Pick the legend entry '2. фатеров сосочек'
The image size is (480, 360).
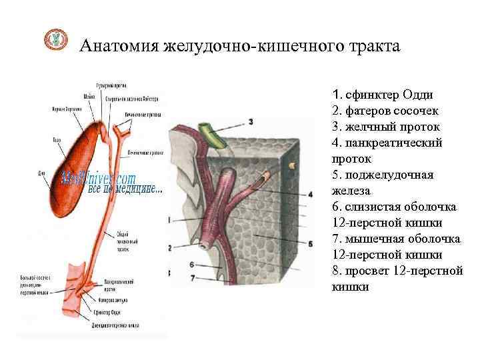pyautogui.click(x=384, y=111)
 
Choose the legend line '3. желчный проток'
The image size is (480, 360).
pyautogui.click(x=385, y=127)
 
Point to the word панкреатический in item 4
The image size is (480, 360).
pyautogui.click(x=393, y=143)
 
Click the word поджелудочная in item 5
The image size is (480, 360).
pyautogui.click(x=389, y=175)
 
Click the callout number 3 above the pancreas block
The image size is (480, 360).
pyautogui.click(x=251, y=121)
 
